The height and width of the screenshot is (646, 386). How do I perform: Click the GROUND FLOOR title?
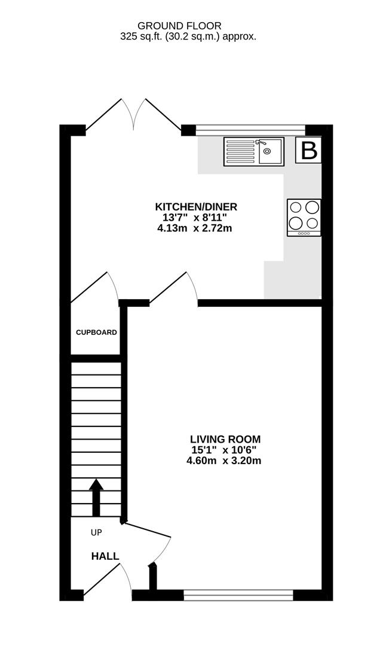(179, 26)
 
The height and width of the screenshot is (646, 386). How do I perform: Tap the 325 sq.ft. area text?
(188, 36)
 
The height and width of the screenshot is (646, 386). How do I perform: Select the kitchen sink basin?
(270, 151)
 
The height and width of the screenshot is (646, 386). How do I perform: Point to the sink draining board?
(241, 151)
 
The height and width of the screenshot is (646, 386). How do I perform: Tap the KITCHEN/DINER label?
(196, 207)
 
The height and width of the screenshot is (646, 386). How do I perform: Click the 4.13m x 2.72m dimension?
(195, 228)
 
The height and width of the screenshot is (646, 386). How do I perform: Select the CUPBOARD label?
(96, 332)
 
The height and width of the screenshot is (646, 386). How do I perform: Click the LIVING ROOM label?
(225, 439)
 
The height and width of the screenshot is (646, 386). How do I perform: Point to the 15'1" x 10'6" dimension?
(224, 450)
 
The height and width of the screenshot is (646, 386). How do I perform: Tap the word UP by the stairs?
(96, 533)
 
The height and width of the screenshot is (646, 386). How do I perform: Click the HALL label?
(105, 556)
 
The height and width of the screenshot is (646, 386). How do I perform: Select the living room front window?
(238, 595)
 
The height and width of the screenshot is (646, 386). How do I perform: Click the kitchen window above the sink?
(250, 130)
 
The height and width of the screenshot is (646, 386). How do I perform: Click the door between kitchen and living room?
(173, 288)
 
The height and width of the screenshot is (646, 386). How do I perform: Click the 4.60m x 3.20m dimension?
(224, 461)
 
